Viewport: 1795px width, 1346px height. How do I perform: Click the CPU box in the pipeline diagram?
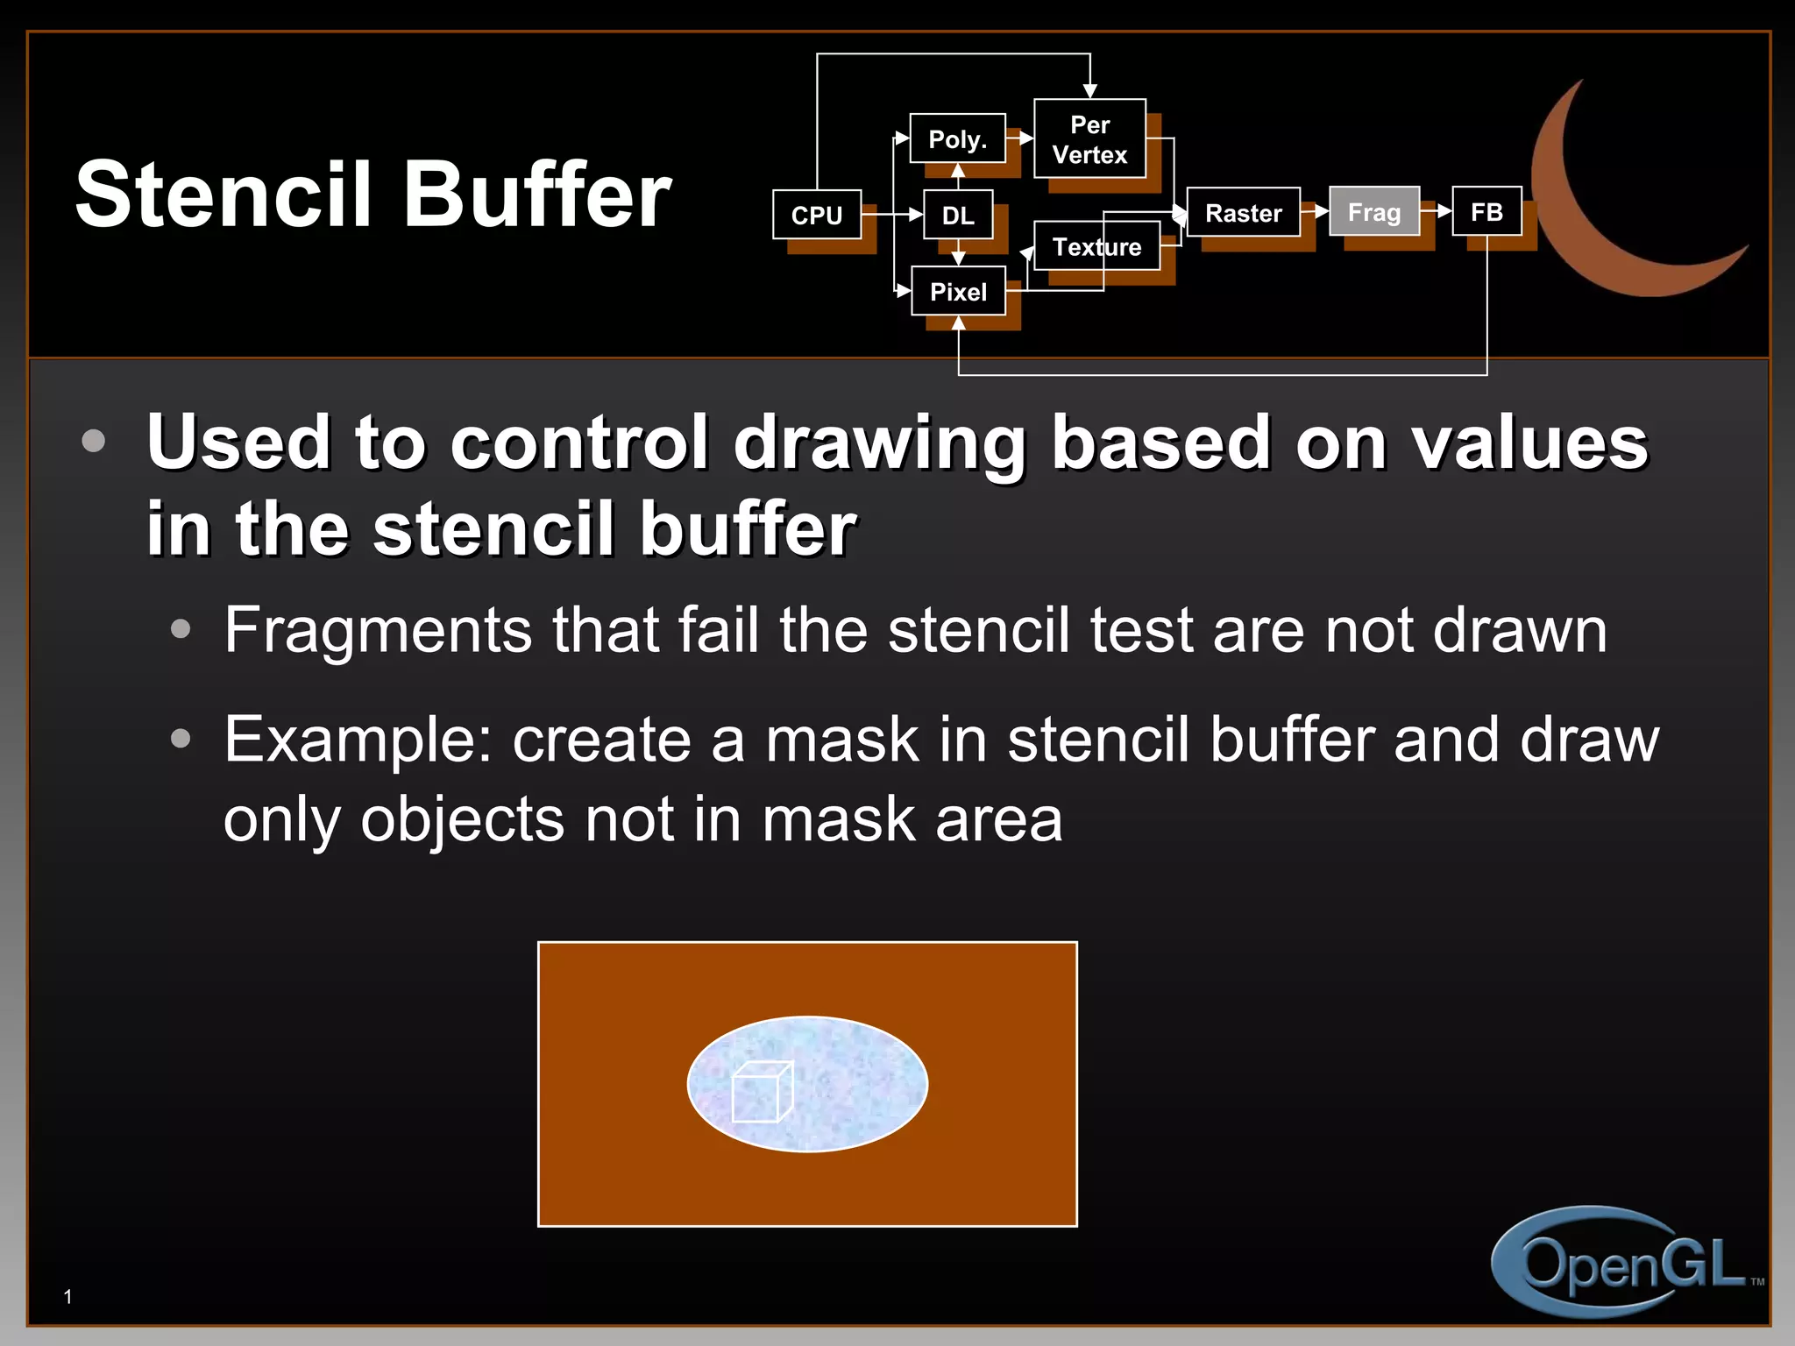(x=817, y=215)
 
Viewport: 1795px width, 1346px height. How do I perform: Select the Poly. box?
(x=957, y=138)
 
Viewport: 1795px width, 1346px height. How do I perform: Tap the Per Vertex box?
(x=1089, y=139)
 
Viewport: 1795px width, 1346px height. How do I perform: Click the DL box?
(x=958, y=215)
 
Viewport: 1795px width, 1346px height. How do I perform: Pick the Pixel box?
(x=958, y=291)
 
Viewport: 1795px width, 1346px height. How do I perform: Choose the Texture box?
(x=1096, y=246)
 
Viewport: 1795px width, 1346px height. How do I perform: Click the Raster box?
(x=1243, y=212)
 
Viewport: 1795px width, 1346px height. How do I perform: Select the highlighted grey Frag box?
(x=1373, y=212)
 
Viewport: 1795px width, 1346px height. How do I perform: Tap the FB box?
(x=1486, y=211)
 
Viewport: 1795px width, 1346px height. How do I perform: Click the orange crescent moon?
(x=1578, y=219)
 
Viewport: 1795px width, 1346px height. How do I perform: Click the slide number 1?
(x=67, y=1297)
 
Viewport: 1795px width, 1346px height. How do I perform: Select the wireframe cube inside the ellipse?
(x=762, y=1092)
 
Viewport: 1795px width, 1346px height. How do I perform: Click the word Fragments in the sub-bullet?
(x=377, y=631)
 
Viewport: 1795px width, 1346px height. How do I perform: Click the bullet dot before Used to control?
(x=93, y=441)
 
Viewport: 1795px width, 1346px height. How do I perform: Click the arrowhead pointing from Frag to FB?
(x=1444, y=211)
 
